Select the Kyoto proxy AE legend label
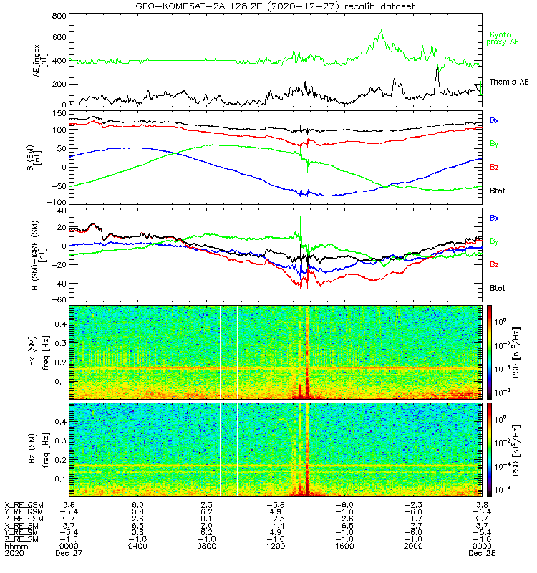[505, 38]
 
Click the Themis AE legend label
[508, 82]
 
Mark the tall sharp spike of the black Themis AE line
[437, 67]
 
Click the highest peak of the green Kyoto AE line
[381, 31]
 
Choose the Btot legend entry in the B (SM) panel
[498, 191]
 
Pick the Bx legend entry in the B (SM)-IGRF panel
[495, 217]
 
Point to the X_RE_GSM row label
[24, 504]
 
